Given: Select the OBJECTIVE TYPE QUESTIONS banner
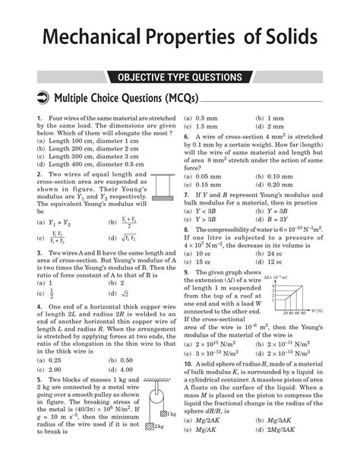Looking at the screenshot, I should coord(179,78).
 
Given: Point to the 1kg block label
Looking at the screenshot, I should coord(172,414).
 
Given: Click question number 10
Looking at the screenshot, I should coord(188,364).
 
